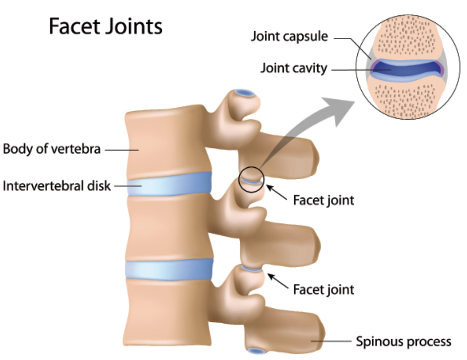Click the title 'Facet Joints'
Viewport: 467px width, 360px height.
coord(105,26)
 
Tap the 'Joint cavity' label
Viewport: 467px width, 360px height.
coord(294,68)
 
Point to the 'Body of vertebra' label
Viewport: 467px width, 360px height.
coord(52,148)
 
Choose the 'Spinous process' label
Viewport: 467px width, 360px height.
coord(403,342)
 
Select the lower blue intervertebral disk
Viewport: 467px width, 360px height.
coord(169,269)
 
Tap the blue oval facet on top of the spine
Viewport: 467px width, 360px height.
coord(245,93)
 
